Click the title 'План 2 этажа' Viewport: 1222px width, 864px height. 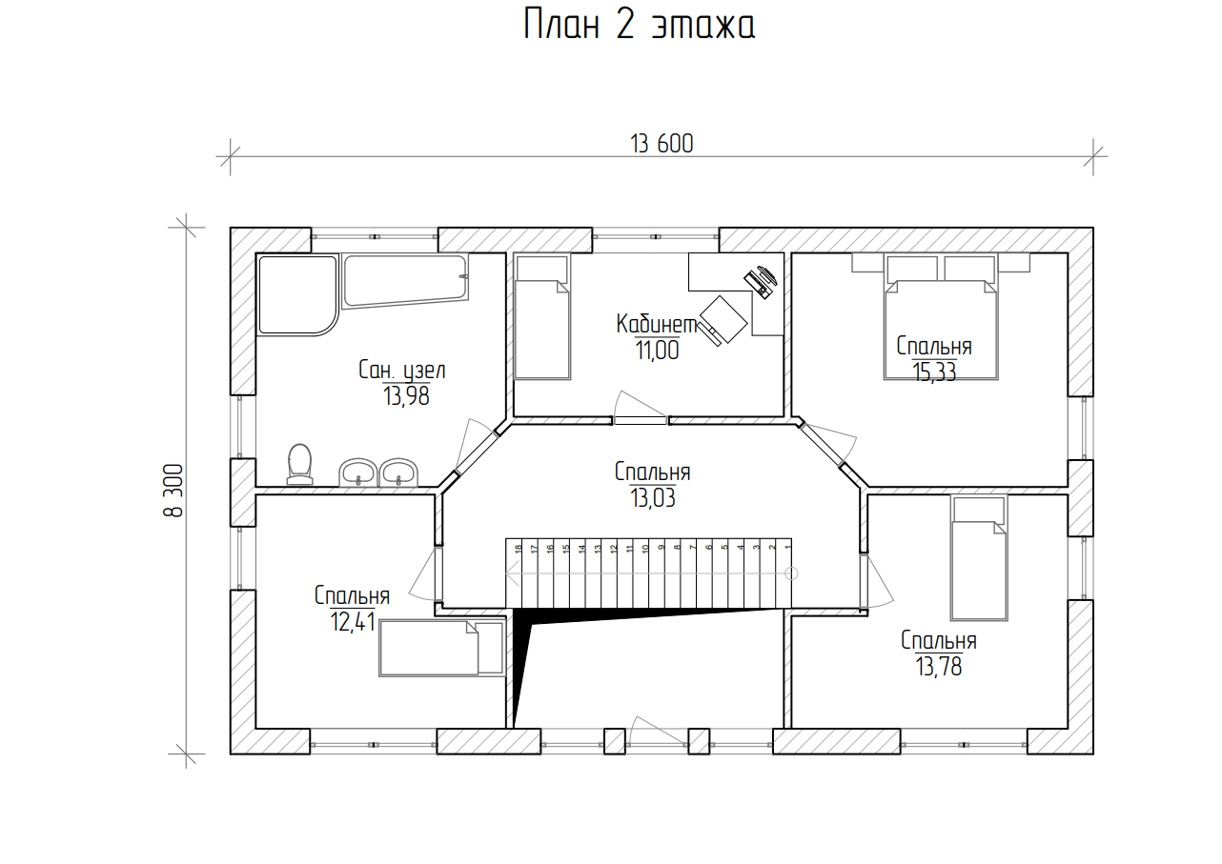[640, 25]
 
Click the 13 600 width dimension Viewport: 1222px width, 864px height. [662, 144]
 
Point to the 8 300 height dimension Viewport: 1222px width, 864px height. [173, 491]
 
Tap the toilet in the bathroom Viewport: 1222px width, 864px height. [299, 464]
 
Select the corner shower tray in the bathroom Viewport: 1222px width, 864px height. [297, 294]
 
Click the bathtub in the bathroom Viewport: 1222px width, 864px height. [405, 281]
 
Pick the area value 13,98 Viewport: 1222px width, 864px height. [406, 395]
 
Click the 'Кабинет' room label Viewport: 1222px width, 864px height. [657, 324]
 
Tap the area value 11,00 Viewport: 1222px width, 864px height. [657, 350]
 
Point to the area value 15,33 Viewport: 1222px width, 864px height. [934, 372]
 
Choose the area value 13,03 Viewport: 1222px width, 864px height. [652, 497]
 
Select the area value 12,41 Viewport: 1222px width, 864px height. [353, 622]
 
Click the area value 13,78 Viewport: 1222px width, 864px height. [938, 666]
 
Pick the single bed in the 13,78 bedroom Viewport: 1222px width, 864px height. [979, 557]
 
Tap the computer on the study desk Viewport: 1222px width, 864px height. [761, 281]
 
